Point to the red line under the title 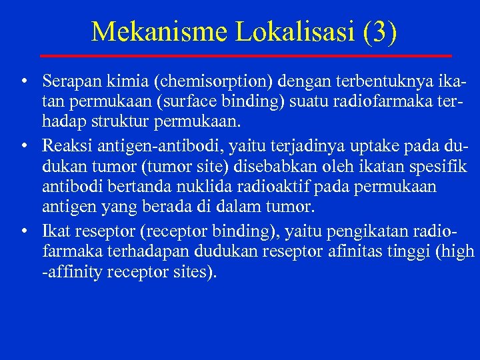coord(245,55)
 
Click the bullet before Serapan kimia coord(24,83)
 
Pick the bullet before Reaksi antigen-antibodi coord(24,146)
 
